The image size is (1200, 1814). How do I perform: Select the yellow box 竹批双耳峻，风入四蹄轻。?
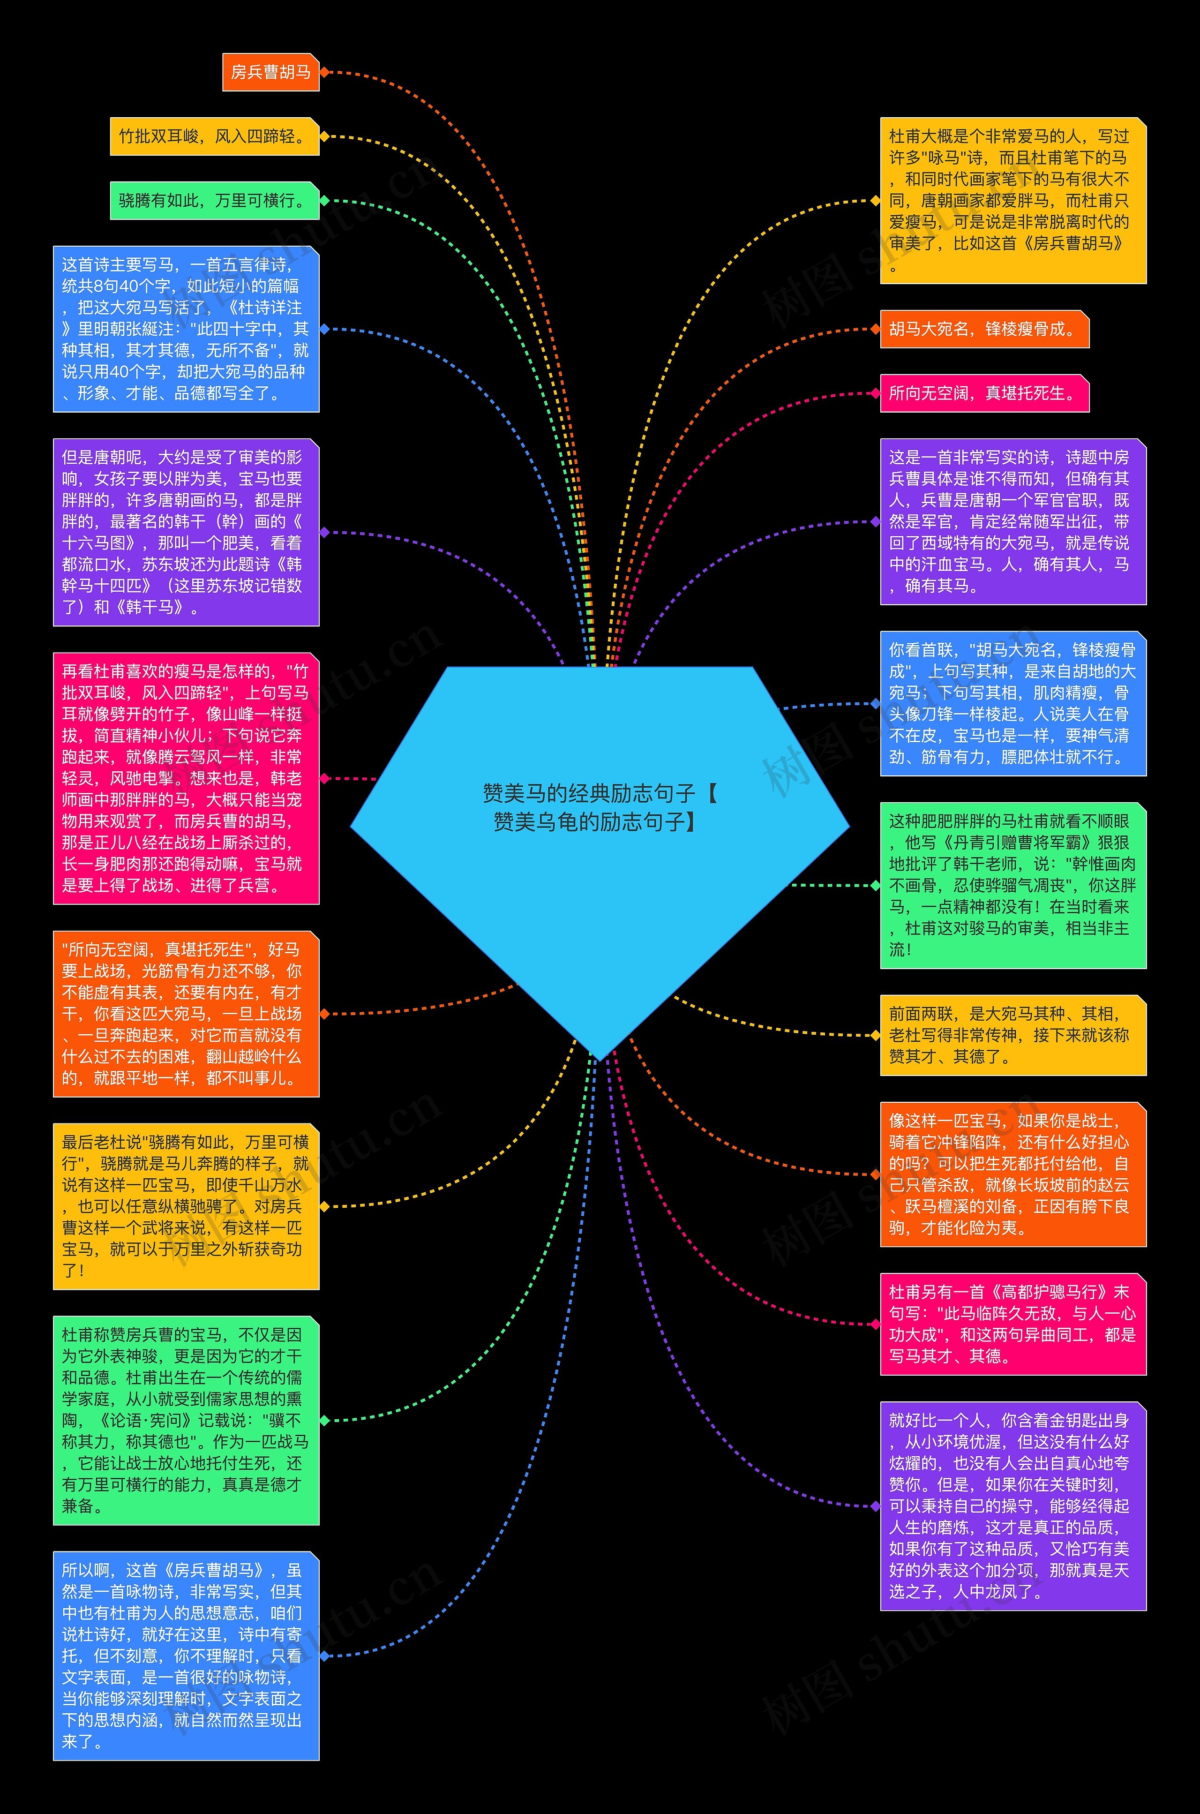214,136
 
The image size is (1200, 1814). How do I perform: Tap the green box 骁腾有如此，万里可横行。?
214,201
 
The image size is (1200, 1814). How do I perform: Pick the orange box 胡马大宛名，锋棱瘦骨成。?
983,329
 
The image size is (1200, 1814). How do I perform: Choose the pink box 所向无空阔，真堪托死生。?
983,393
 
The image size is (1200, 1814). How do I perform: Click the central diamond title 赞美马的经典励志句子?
599,807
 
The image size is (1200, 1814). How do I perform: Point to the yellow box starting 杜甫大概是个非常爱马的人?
1012,201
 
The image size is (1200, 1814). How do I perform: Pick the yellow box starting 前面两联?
1012,1035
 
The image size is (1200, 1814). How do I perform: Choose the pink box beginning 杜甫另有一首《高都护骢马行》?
1012,1324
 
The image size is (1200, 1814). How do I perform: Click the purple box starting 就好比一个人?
1012,1505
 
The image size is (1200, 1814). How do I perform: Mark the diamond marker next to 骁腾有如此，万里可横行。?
324,201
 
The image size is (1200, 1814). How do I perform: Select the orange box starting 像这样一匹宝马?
1012,1174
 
